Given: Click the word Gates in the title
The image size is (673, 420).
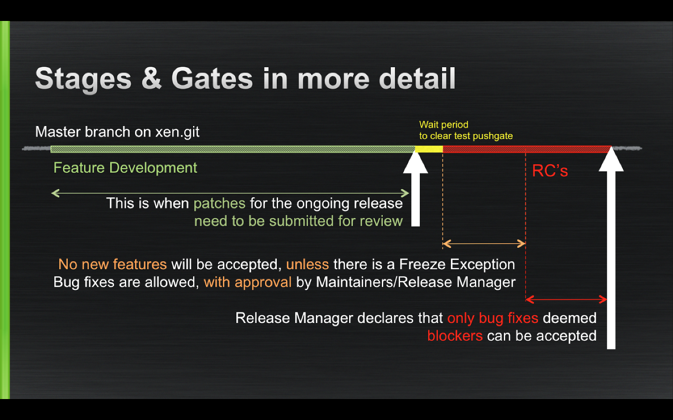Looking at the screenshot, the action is click(212, 79).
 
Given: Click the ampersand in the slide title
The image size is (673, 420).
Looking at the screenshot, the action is click(151, 78).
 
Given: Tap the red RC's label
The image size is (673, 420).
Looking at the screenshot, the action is click(550, 171).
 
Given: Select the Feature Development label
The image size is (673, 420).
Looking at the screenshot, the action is click(125, 168).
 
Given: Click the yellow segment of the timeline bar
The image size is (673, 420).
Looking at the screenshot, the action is click(429, 149).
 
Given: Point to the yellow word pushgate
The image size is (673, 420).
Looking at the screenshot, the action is click(493, 136).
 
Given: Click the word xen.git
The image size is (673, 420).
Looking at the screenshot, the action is click(177, 132).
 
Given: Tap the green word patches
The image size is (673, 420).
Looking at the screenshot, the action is click(220, 203).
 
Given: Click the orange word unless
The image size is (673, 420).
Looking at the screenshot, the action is click(307, 264).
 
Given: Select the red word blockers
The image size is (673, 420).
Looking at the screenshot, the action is click(455, 336).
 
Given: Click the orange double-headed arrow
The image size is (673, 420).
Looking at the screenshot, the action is click(484, 244).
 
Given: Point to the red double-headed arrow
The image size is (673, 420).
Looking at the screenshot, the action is click(566, 299).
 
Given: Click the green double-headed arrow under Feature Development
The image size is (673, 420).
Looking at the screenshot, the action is click(230, 193).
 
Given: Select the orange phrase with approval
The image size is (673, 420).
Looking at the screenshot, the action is click(248, 282).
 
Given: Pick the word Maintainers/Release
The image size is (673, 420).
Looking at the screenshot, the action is click(384, 282).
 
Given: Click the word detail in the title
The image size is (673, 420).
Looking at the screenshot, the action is click(417, 78).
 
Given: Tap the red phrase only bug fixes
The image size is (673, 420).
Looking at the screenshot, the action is click(493, 318).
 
